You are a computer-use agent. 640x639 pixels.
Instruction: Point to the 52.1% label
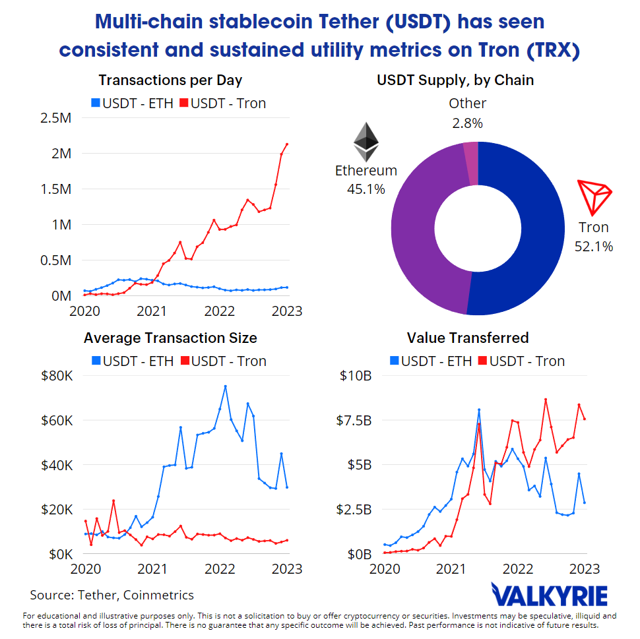click(x=594, y=247)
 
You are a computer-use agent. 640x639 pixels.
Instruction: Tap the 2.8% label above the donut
click(x=467, y=123)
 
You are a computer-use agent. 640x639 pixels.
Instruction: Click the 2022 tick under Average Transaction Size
click(x=220, y=569)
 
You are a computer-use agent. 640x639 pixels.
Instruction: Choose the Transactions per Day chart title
click(x=170, y=80)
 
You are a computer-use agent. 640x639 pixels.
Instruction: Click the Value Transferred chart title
click(x=468, y=338)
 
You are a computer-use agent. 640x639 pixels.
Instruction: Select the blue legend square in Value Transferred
click(x=395, y=361)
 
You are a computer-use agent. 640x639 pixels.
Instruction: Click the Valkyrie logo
click(x=550, y=595)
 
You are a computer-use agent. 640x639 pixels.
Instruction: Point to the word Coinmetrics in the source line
click(x=160, y=595)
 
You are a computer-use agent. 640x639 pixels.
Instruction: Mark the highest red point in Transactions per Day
click(x=286, y=144)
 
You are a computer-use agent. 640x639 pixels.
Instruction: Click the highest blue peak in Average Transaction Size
click(x=225, y=386)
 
